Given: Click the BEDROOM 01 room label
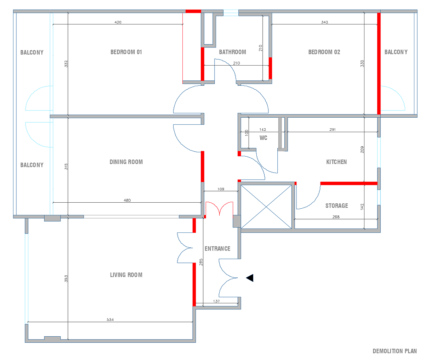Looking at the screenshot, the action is click(x=126, y=52).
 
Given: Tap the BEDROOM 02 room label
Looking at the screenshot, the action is click(x=324, y=52).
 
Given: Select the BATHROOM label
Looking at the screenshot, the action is click(x=232, y=52).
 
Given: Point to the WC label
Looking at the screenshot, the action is click(x=263, y=138).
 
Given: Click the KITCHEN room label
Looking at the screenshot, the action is click(x=336, y=162).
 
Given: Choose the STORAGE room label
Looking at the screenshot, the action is click(x=336, y=206).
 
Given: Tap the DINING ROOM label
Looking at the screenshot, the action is click(x=126, y=162).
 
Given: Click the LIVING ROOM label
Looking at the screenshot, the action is click(x=126, y=275).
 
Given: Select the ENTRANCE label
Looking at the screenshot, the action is click(x=217, y=249).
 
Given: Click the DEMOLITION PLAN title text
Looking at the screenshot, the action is click(x=395, y=351).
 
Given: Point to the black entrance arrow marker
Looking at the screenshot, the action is click(x=250, y=278).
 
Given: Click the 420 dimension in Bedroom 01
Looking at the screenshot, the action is click(x=118, y=22).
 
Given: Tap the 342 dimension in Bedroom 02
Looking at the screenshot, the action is click(x=324, y=22).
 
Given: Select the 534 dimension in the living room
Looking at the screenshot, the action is click(x=110, y=320).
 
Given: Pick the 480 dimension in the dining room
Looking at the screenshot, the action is click(x=127, y=200).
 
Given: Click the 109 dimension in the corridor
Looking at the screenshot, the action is click(x=221, y=189).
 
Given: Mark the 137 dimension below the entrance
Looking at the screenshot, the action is click(x=216, y=301).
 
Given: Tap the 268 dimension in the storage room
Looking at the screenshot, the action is click(x=336, y=217).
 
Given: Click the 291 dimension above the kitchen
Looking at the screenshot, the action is click(x=333, y=130).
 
